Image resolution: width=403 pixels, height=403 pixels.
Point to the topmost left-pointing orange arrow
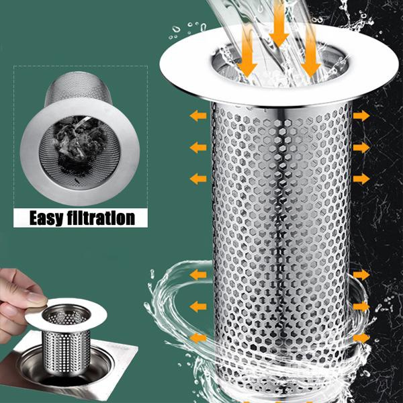pos(197,116)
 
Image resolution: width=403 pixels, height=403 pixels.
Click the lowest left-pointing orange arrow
pos(197,337)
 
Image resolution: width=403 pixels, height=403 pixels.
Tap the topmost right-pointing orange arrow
pos(361,116)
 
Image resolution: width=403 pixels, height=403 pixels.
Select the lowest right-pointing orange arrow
pos(361,337)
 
